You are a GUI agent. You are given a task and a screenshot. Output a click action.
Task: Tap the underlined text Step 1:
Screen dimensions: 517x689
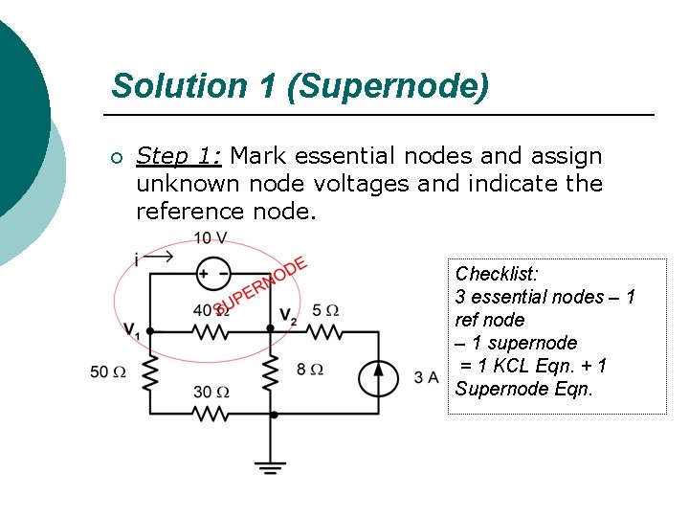179,155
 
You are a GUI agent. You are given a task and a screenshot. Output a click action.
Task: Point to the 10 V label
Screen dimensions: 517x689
210,237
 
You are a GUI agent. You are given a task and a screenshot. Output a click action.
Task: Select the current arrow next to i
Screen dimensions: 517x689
160,256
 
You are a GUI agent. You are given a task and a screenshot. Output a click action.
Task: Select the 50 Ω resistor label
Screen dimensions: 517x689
108,371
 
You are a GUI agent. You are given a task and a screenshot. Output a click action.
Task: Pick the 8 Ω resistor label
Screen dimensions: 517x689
309,369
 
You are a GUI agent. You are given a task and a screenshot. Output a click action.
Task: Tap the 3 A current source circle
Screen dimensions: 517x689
377,378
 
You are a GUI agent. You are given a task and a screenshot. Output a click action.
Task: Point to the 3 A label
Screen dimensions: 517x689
427,377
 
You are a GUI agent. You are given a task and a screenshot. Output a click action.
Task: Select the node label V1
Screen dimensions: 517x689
132,330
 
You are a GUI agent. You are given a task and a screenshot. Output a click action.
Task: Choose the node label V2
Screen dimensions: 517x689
288,316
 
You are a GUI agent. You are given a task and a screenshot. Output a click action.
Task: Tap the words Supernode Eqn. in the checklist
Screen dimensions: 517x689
524,389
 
